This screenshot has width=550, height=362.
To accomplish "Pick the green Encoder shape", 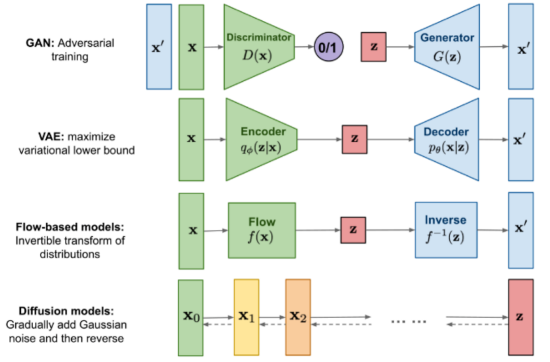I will [261, 139].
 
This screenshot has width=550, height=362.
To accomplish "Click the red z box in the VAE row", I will [354, 139].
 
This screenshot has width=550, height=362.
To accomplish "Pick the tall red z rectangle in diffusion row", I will [520, 316].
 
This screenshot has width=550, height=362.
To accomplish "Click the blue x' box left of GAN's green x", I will [158, 47].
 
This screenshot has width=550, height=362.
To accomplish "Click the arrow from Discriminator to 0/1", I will [305, 47].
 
